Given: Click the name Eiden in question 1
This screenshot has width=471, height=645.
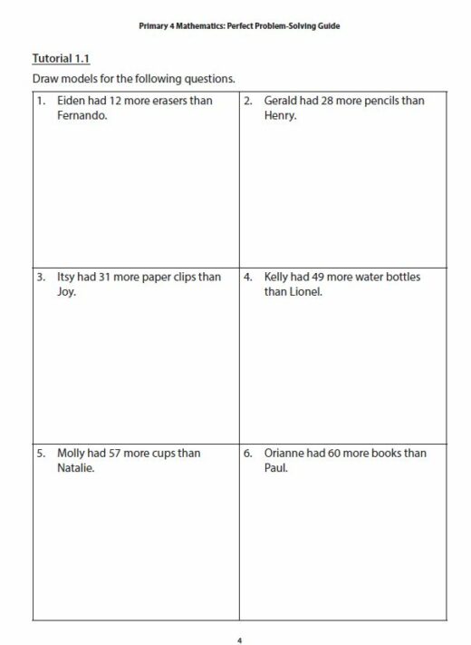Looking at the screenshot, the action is tap(71, 101).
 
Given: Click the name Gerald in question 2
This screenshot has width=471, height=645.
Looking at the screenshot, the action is tap(283, 101).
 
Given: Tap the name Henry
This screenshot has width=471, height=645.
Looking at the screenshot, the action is tap(281, 116).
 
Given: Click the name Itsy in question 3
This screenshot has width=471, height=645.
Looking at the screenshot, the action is tap(66, 278).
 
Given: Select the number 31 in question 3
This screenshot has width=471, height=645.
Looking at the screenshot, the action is tap(106, 278).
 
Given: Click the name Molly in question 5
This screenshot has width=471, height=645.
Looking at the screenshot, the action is tap(72, 453).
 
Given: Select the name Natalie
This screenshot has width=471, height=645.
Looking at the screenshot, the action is tap(76, 468).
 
